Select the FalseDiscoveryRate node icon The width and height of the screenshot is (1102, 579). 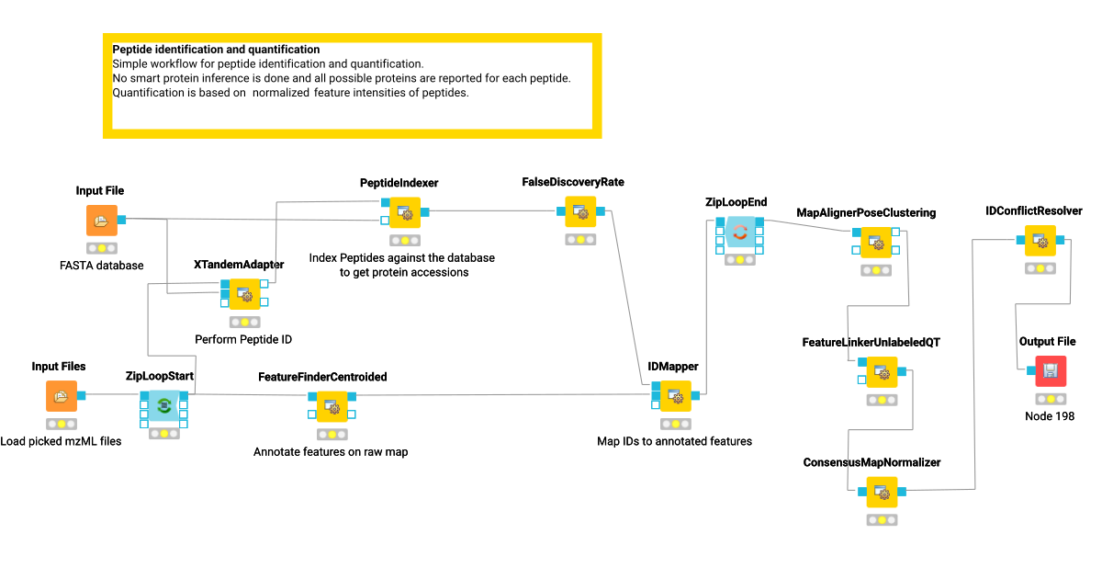click(x=579, y=212)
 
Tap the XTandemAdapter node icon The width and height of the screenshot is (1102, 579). click(x=244, y=293)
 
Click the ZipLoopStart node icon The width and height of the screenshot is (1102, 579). click(x=164, y=404)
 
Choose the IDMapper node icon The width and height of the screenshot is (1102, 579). click(x=675, y=394)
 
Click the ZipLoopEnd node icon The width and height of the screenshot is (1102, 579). click(x=739, y=232)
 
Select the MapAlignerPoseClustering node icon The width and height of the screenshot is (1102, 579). click(x=877, y=241)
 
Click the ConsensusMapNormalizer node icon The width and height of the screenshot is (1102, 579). click(x=882, y=492)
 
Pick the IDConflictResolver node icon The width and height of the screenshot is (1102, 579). click(x=1040, y=241)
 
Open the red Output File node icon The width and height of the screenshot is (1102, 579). click(x=1050, y=370)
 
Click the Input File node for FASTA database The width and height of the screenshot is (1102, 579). click(x=102, y=221)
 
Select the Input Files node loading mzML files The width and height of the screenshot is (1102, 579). click(x=62, y=396)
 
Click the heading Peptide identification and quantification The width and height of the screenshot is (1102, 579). click(x=216, y=50)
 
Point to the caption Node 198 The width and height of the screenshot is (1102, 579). click(x=1049, y=416)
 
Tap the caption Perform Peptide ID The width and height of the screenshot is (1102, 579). click(x=243, y=339)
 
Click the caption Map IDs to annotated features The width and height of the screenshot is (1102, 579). click(x=674, y=441)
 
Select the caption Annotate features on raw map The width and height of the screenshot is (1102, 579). click(x=331, y=452)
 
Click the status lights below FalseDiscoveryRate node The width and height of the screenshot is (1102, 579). click(x=579, y=240)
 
